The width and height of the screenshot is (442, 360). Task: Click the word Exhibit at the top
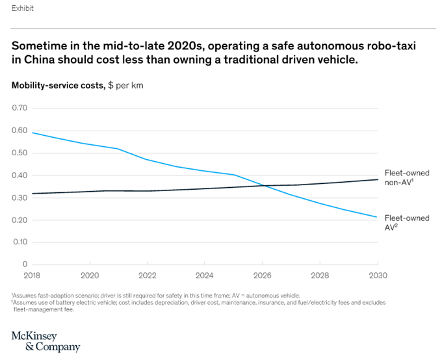[23, 8]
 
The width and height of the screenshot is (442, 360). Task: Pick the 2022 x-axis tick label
[146, 275]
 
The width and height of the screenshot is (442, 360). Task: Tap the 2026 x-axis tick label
[263, 275]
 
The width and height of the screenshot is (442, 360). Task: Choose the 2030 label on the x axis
[378, 275]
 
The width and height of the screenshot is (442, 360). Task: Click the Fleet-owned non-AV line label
[406, 178]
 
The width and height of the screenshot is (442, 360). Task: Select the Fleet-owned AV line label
[407, 222]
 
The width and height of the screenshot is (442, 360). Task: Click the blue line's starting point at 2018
[32, 133]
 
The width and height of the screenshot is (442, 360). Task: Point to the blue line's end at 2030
[378, 217]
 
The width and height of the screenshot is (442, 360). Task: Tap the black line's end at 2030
[378, 179]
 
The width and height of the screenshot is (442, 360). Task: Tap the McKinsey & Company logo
[45, 341]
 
